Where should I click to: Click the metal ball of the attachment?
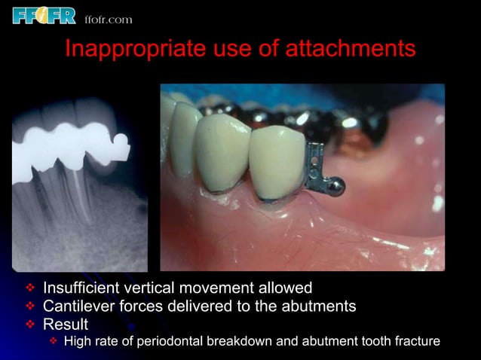click(339, 185)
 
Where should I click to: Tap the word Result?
click(66, 325)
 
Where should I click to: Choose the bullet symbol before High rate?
click(54, 343)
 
